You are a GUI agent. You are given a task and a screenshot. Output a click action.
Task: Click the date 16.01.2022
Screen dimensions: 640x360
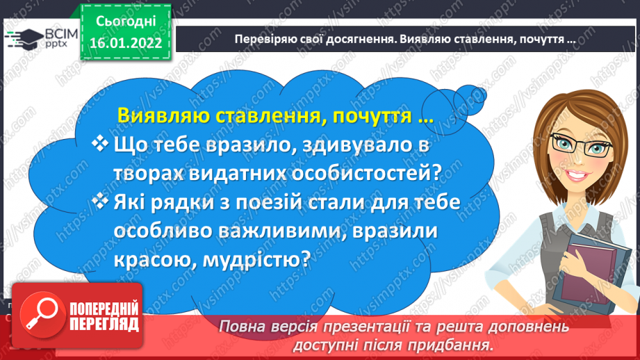pos(126,43)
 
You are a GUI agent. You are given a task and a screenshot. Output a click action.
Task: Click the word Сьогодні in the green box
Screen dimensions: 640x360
pos(126,22)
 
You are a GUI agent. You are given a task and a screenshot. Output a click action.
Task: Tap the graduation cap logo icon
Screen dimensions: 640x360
pos(25,39)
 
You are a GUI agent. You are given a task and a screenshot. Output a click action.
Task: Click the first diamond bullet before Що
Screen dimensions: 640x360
pos(100,144)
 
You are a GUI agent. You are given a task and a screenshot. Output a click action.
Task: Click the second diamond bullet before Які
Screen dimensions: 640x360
pos(100,202)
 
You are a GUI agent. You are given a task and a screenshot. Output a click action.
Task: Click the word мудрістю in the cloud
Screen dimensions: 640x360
pos(256,260)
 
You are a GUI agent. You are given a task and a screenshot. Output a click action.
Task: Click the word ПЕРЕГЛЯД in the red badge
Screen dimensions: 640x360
pos(104,325)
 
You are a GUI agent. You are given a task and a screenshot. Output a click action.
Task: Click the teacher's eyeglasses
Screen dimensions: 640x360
pos(582,145)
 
